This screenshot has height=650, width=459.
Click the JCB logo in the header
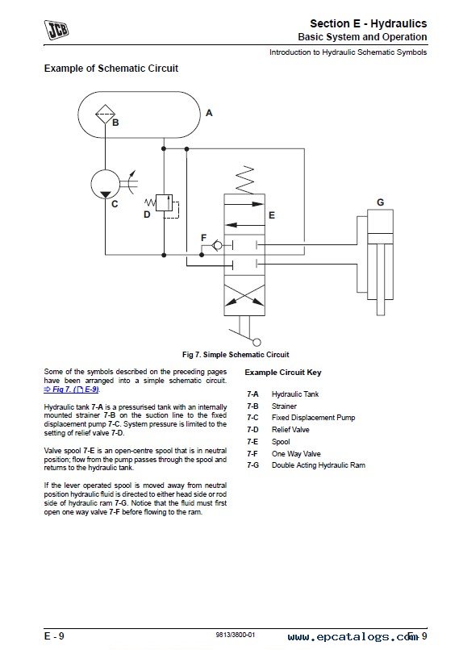(56, 31)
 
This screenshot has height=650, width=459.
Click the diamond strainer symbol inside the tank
(106, 114)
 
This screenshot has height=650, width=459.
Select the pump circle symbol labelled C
(106, 184)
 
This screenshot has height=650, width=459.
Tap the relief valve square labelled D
(165, 202)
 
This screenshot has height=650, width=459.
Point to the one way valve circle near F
(217, 246)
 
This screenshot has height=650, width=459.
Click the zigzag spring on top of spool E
(244, 180)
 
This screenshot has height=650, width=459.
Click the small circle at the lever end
(257, 343)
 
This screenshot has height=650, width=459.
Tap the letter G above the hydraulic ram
(380, 202)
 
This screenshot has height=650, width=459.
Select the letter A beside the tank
(209, 113)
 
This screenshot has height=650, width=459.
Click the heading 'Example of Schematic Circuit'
(111, 69)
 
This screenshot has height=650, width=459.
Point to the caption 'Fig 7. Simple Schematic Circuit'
(236, 354)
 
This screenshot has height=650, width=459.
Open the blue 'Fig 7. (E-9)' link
(72, 390)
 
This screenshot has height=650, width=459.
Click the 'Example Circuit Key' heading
(283, 373)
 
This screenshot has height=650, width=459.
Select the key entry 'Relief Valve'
(290, 430)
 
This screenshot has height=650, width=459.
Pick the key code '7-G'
(252, 465)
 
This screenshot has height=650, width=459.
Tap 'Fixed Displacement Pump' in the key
(313, 418)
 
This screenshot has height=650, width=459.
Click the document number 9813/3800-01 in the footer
(235, 635)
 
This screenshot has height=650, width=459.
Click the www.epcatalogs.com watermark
(353, 636)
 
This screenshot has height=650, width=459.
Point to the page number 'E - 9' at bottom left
(54, 636)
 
